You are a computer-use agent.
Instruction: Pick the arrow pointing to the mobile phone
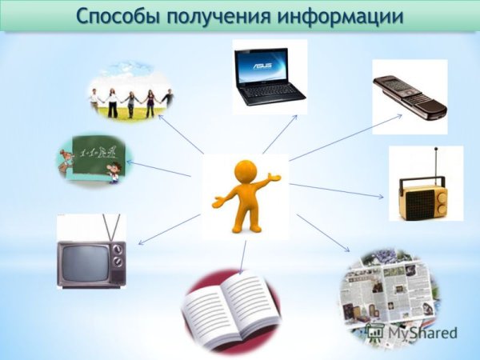pos(346,137)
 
